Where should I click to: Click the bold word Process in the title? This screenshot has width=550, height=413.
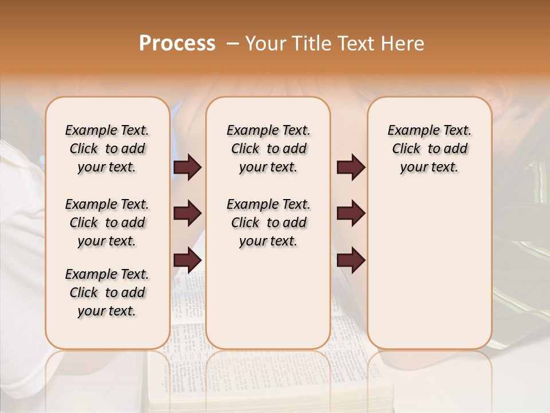pos(177,44)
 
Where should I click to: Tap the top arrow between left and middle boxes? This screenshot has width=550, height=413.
pos(187,167)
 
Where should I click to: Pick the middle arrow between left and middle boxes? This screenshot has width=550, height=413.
pos(187,214)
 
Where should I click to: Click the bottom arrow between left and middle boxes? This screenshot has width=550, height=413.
pos(187,260)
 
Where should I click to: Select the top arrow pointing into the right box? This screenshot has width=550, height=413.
pos(351,167)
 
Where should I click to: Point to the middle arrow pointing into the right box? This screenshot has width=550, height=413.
pos(351,214)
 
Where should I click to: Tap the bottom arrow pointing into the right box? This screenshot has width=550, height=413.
pos(351,260)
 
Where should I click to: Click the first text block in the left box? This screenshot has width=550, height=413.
pos(107,149)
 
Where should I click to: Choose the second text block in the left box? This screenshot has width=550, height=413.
pos(107,223)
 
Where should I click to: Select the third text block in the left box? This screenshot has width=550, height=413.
pos(107,293)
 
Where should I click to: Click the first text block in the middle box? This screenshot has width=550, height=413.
pos(268,149)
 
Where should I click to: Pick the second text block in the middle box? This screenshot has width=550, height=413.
pos(268,223)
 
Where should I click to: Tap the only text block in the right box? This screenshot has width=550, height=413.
pos(429,149)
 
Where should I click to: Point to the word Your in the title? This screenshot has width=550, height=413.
pos(265,44)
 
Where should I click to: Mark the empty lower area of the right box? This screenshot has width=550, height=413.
pos(429,264)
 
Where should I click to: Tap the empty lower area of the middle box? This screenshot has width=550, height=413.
pos(268,298)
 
